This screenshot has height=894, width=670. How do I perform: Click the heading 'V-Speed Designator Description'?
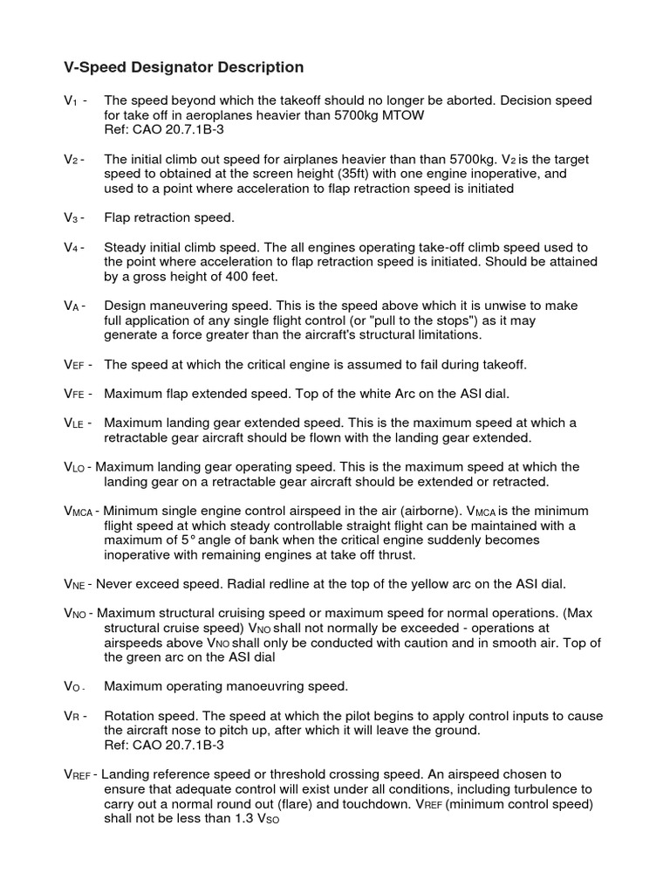pyautogui.click(x=184, y=67)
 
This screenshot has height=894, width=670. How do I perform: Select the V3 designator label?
pyautogui.click(x=73, y=217)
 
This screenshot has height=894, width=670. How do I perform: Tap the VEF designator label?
pyautogui.click(x=78, y=364)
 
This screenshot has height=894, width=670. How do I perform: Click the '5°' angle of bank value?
pyautogui.click(x=167, y=540)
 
